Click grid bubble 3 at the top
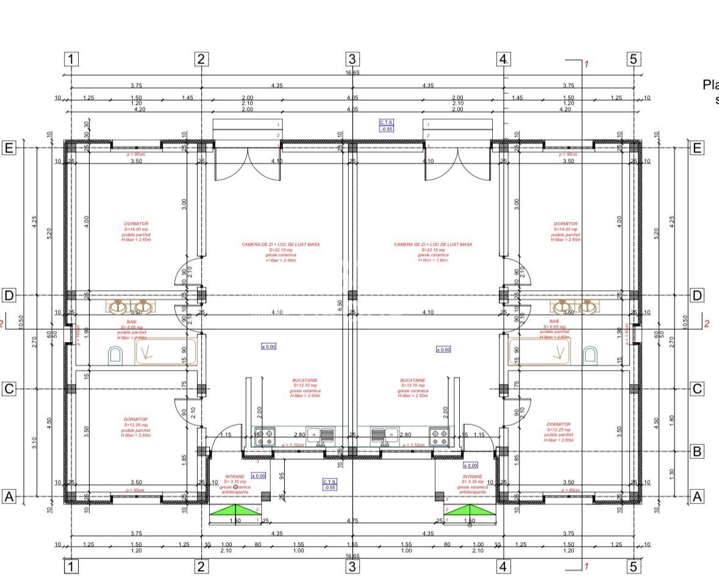pyautogui.click(x=352, y=59)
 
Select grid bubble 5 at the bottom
pyautogui.click(x=634, y=567)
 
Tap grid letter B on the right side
pyautogui.click(x=698, y=452)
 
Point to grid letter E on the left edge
pyautogui.click(x=9, y=148)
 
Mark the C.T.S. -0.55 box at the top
pyautogui.click(x=387, y=126)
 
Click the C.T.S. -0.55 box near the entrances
pyautogui.click(x=330, y=485)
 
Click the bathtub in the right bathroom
pyautogui.click(x=539, y=351)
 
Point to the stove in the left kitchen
pyautogui.click(x=265, y=436)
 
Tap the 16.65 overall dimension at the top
pyautogui.click(x=352, y=73)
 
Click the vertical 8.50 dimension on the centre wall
pyautogui.click(x=340, y=303)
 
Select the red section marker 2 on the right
pyautogui.click(x=707, y=324)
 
